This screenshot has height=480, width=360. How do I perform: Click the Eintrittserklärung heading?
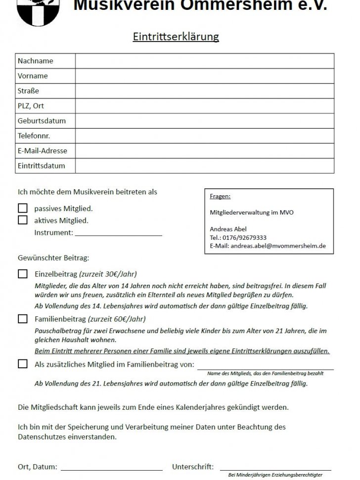176,37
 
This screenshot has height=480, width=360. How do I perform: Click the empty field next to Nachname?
204,61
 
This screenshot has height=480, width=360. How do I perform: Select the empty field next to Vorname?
204,76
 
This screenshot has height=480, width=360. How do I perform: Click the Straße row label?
28,91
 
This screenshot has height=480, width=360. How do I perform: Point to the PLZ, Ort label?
31,106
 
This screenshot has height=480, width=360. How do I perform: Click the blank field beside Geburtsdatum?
204,121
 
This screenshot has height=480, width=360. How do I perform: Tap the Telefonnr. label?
34,135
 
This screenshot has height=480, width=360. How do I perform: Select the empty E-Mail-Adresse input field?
204,150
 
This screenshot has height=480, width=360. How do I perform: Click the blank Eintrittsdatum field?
204,166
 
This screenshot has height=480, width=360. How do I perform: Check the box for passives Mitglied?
23,209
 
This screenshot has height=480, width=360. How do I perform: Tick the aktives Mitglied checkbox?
23,220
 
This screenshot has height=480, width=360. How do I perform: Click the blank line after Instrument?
118,233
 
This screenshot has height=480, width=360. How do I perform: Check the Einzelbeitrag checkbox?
23,274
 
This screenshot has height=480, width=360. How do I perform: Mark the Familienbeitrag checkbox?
23,319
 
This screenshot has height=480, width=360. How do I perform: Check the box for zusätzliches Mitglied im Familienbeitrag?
23,364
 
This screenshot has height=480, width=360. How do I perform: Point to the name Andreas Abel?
228,229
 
